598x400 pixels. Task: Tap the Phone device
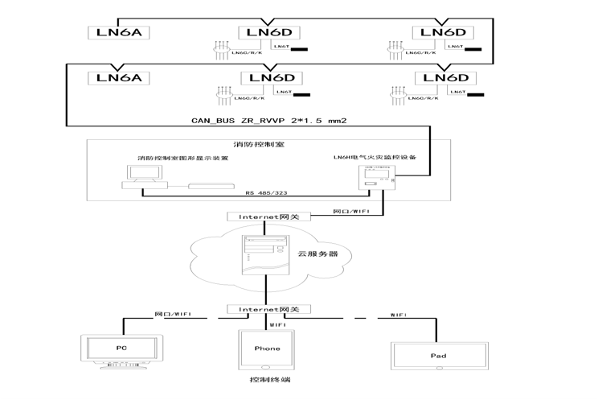tap(267, 349)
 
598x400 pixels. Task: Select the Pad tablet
tap(438, 356)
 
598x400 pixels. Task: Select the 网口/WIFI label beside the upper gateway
tap(352, 212)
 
